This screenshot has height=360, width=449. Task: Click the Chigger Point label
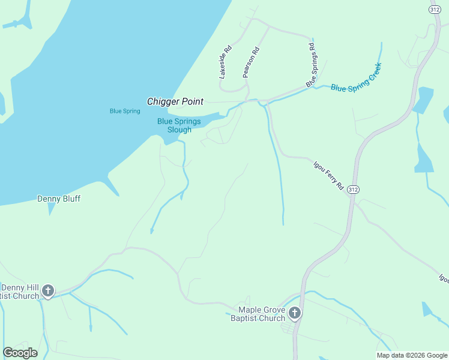[175, 102]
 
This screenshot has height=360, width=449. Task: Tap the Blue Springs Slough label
[174, 125]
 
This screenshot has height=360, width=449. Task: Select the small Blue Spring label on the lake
[125, 111]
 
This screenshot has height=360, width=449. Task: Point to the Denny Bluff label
[59, 199]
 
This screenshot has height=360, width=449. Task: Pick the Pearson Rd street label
[250, 62]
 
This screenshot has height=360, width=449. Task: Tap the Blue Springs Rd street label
[311, 65]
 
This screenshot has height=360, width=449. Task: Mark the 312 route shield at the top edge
[435, 9]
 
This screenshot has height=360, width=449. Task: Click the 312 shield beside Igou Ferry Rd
[353, 189]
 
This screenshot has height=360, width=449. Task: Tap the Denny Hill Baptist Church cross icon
[47, 292]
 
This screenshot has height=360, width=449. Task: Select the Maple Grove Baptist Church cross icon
[294, 313]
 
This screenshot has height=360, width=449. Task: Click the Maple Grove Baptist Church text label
[258, 314]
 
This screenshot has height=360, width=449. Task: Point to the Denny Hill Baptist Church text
[19, 292]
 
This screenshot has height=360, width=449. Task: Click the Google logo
[20, 353]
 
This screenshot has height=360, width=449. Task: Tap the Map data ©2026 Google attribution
[412, 355]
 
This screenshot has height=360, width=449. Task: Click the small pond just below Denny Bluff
[51, 209]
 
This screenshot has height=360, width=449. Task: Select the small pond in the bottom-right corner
[426, 309]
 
